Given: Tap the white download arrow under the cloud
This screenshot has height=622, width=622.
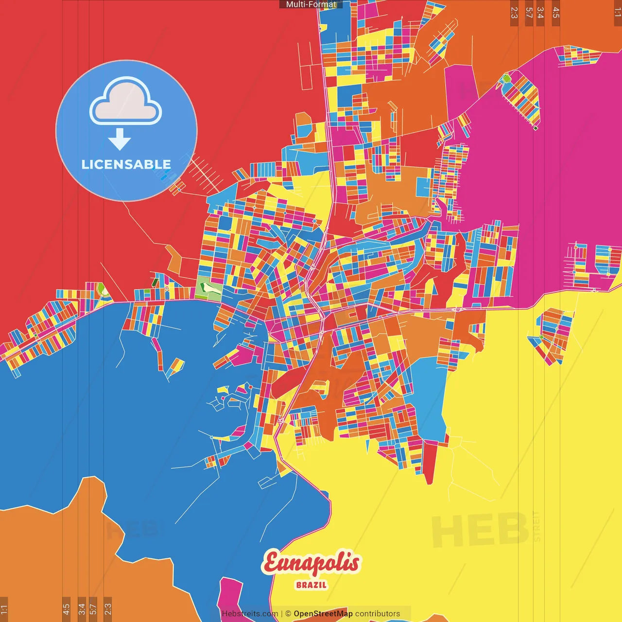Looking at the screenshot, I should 120,139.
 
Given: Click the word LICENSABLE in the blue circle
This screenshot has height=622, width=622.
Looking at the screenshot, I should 126,164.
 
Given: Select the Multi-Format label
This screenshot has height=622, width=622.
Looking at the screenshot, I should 311,4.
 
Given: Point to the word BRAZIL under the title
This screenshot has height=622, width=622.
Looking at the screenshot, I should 311,585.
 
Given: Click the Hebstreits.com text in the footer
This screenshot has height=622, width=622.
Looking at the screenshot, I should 250,614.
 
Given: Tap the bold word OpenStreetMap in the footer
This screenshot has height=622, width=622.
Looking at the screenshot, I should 323,614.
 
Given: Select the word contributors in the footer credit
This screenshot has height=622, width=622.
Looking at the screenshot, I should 378,614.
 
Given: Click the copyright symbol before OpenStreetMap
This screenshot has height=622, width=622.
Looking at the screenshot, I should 288,614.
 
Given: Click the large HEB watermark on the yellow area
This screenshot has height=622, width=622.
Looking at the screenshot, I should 480,530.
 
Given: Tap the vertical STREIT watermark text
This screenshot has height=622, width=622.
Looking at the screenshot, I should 536,526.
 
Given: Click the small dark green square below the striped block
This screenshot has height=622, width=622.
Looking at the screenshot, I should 536,128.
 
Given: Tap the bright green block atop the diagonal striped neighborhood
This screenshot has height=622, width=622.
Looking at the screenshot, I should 506,78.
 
